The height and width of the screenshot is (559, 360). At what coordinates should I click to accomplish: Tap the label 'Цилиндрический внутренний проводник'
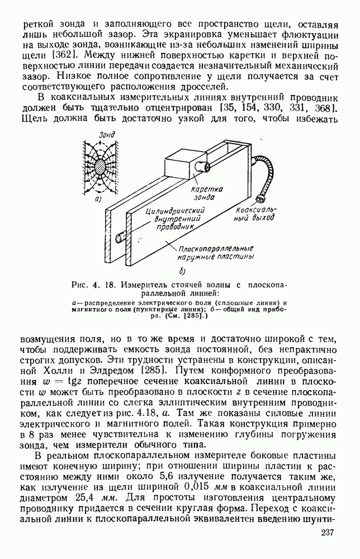coord(172,218)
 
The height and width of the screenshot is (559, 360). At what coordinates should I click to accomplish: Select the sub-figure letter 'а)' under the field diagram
coord(98,198)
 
